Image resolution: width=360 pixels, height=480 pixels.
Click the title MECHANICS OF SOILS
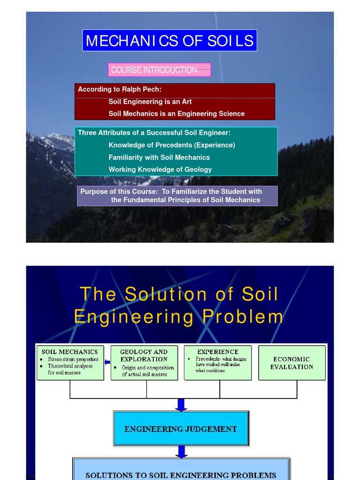tap(170, 41)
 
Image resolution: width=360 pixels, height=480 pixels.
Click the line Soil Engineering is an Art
tap(150, 101)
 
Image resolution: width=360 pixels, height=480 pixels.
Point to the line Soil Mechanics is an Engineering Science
tap(176, 113)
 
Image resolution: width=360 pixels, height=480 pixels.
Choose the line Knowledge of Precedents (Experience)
tap(172, 145)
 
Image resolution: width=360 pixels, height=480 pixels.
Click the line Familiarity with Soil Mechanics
tap(159, 157)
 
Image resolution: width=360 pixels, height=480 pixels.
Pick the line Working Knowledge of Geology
tap(160, 169)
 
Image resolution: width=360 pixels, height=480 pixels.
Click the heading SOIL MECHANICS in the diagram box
tap(70, 352)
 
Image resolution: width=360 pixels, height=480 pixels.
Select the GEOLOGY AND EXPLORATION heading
tap(144, 355)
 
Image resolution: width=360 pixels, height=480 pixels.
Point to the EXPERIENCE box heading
tap(217, 352)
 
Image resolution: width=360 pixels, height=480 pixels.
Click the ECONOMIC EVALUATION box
tap(292, 363)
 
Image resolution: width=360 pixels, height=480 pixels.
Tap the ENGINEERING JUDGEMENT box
tap(180, 428)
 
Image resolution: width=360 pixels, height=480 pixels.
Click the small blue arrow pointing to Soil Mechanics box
tap(107, 362)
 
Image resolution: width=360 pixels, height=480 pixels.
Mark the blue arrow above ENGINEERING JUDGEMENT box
tap(181, 405)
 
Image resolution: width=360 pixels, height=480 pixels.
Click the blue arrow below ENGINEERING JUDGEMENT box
tap(181, 452)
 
